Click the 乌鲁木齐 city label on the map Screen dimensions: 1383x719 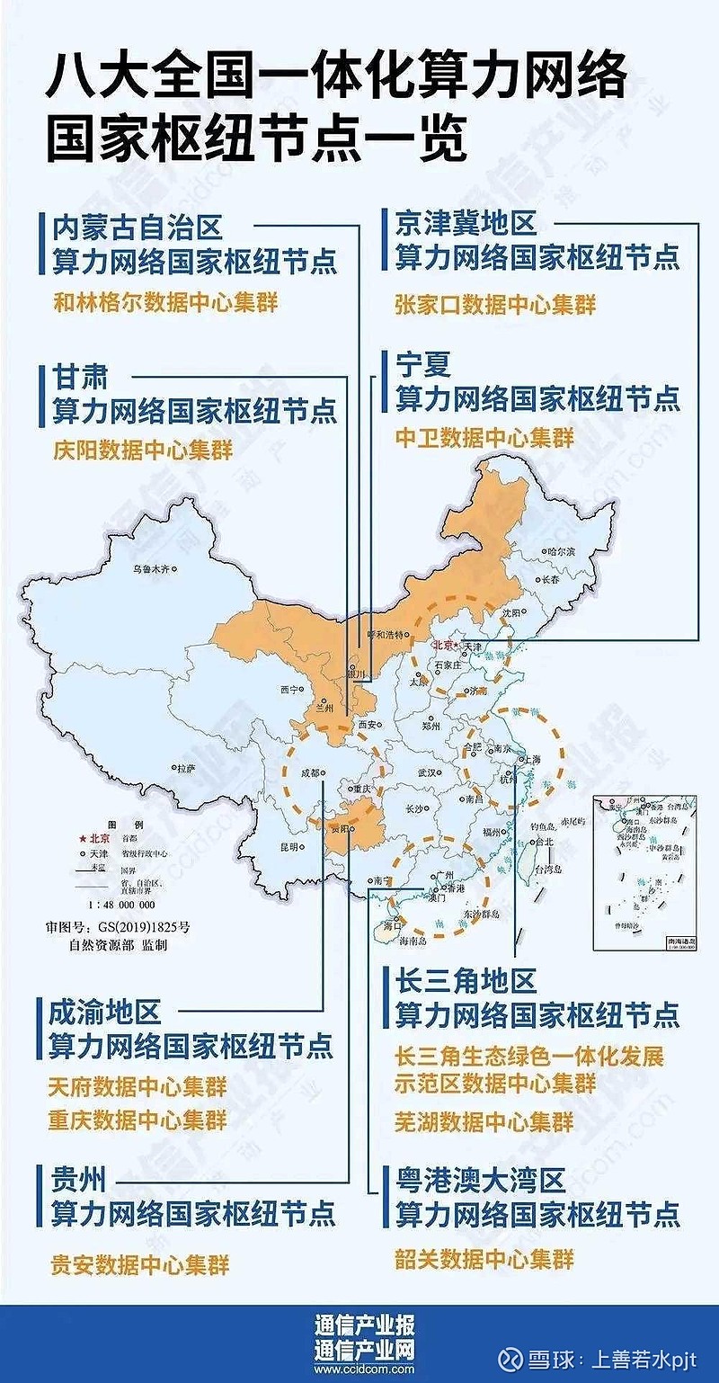(x=150, y=568)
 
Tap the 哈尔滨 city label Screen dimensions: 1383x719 (x=559, y=550)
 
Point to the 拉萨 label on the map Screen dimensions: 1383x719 (x=185, y=768)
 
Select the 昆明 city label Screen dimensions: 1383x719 (x=288, y=846)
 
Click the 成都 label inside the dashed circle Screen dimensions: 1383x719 (x=310, y=772)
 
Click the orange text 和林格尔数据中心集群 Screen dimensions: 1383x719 (x=165, y=302)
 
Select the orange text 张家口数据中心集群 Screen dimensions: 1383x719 (x=494, y=304)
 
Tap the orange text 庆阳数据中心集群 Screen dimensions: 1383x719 (x=142, y=450)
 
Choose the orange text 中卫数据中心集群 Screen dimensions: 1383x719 (x=484, y=438)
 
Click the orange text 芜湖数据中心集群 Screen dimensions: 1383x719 (x=484, y=1120)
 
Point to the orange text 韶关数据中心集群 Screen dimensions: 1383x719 (x=484, y=1258)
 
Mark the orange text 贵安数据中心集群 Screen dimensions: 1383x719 (x=139, y=1264)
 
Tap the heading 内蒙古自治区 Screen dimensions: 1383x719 (x=137, y=225)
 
